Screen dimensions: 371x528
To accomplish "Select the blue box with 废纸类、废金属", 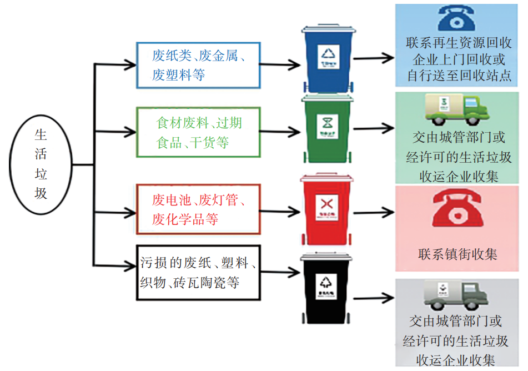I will pyautogui.click(x=199, y=65).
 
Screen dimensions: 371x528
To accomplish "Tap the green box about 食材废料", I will pyautogui.click(x=199, y=132).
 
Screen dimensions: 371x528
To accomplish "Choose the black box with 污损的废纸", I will pyautogui.click(x=199, y=273).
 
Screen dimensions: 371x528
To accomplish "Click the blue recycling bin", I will pyautogui.click(x=328, y=59).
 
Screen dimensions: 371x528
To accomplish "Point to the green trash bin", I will pyautogui.click(x=328, y=128).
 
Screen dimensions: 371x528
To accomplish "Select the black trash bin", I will pyautogui.click(x=326, y=289).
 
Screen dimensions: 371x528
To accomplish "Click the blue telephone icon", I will pyautogui.click(x=456, y=18).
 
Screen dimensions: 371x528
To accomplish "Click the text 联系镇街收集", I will pyautogui.click(x=457, y=254).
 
